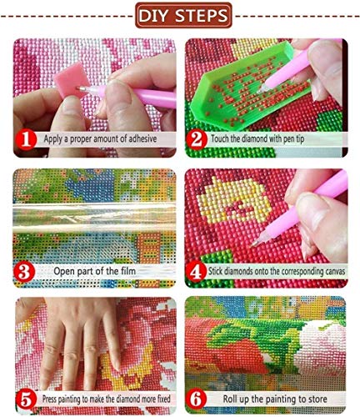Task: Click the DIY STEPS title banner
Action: pos(180,14)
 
